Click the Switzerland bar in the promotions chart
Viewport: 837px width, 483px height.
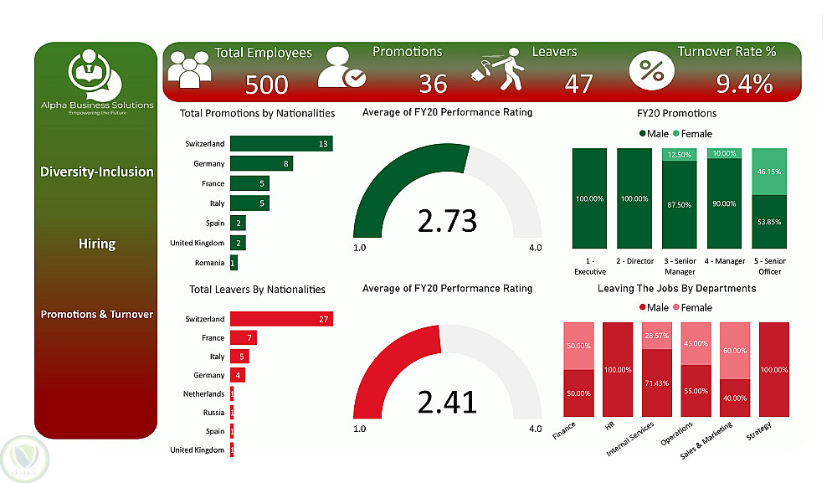pos(280,144)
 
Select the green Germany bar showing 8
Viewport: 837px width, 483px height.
pos(261,163)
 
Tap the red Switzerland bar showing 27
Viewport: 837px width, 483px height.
pos(280,319)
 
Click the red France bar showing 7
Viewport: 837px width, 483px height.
pos(243,338)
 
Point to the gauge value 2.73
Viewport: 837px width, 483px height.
pos(446,220)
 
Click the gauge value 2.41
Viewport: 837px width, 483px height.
pos(446,401)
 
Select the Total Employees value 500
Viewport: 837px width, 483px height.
pos(267,84)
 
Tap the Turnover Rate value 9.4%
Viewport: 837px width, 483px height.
pos(744,84)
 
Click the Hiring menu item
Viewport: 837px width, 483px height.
pos(97,244)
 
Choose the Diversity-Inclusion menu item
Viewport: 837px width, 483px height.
pos(97,172)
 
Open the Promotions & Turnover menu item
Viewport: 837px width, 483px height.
pos(97,315)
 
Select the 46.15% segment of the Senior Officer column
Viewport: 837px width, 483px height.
pos(769,171)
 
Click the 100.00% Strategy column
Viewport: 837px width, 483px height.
pos(773,369)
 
